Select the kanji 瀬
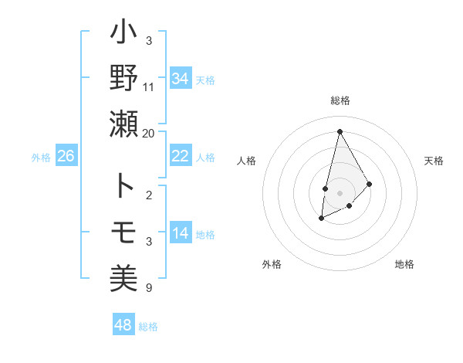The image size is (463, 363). click(x=123, y=124)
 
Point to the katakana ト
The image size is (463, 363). click(x=123, y=185)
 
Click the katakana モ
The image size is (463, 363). click(x=123, y=231)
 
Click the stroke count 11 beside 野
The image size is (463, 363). click(x=149, y=87)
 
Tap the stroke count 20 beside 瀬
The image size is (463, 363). click(x=149, y=134)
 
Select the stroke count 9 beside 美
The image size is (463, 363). click(x=149, y=288)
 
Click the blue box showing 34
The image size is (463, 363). click(x=180, y=78)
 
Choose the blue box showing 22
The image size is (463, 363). click(x=180, y=156)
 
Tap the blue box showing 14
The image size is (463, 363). click(x=180, y=233)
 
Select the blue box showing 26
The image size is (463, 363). click(x=66, y=156)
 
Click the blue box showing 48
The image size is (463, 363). click(x=123, y=325)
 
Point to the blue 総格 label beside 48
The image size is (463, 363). click(x=148, y=327)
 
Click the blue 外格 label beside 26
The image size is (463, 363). click(x=41, y=158)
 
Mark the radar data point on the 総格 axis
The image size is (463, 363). click(x=340, y=131)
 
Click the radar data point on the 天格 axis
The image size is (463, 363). click(x=370, y=184)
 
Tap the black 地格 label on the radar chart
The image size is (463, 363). click(x=404, y=264)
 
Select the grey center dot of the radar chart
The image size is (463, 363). click(x=340, y=192)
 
